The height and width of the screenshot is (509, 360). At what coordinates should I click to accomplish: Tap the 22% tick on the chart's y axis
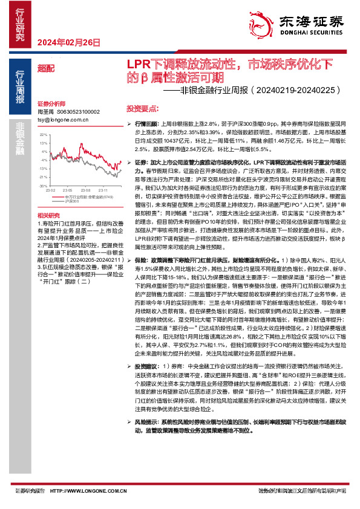pos(43,144)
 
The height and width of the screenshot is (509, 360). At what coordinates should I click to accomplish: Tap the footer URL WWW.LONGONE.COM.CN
pos(80,491)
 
